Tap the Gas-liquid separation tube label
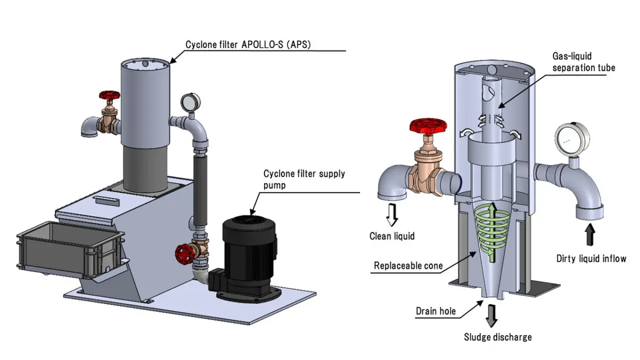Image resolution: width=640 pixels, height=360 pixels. (583, 62)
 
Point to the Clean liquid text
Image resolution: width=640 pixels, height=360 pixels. (392, 236)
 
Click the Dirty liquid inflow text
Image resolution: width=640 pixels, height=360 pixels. (591, 259)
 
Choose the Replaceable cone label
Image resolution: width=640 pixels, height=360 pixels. (408, 265)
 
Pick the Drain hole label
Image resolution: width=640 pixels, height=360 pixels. (436, 310)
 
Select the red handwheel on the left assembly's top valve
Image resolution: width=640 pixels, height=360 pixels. (108, 97)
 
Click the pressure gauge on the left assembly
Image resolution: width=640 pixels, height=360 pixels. (189, 101)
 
